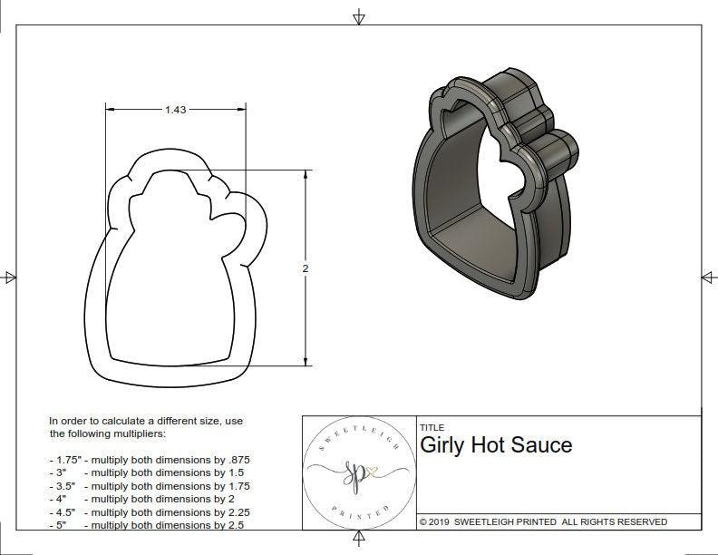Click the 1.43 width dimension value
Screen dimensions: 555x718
176,110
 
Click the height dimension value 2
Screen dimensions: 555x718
306,268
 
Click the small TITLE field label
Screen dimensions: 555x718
432,427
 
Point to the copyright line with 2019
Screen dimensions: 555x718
543,521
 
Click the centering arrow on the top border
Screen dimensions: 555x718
359,16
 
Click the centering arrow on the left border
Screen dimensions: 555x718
10,277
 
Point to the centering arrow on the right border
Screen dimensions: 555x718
708,277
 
